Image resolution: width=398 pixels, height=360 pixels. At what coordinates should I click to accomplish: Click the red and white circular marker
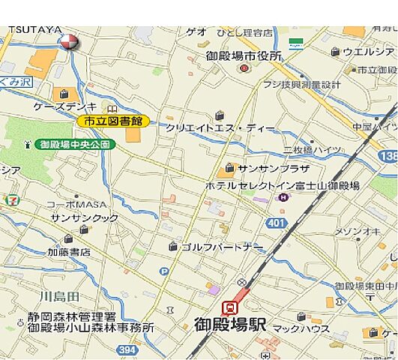(x=68, y=42)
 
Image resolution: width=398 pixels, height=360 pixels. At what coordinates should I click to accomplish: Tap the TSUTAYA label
(x=34, y=30)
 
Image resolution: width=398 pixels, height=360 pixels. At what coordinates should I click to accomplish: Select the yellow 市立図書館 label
(x=113, y=120)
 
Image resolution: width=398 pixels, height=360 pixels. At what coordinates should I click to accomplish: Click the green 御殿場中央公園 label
(x=75, y=143)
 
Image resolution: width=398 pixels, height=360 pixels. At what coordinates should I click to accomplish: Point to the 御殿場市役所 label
(x=244, y=56)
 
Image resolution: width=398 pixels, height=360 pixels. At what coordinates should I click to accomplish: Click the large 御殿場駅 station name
(x=231, y=325)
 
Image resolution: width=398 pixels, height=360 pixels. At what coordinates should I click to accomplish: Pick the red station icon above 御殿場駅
(x=230, y=307)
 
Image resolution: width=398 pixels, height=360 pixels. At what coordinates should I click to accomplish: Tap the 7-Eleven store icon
(x=10, y=200)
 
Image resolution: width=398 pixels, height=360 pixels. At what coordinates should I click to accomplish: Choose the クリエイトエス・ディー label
(x=220, y=128)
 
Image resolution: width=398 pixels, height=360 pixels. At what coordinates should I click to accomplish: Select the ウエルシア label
(x=368, y=52)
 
